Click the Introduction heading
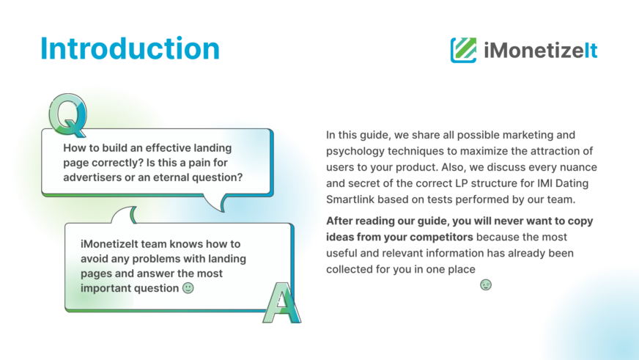[130, 48]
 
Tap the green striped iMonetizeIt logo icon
[463, 50]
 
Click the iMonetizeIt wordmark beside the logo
[540, 51]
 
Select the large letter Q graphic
[67, 115]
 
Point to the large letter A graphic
[281, 303]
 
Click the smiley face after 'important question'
[188, 288]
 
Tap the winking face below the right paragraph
[486, 284]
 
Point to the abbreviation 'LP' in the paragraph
[432, 183]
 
